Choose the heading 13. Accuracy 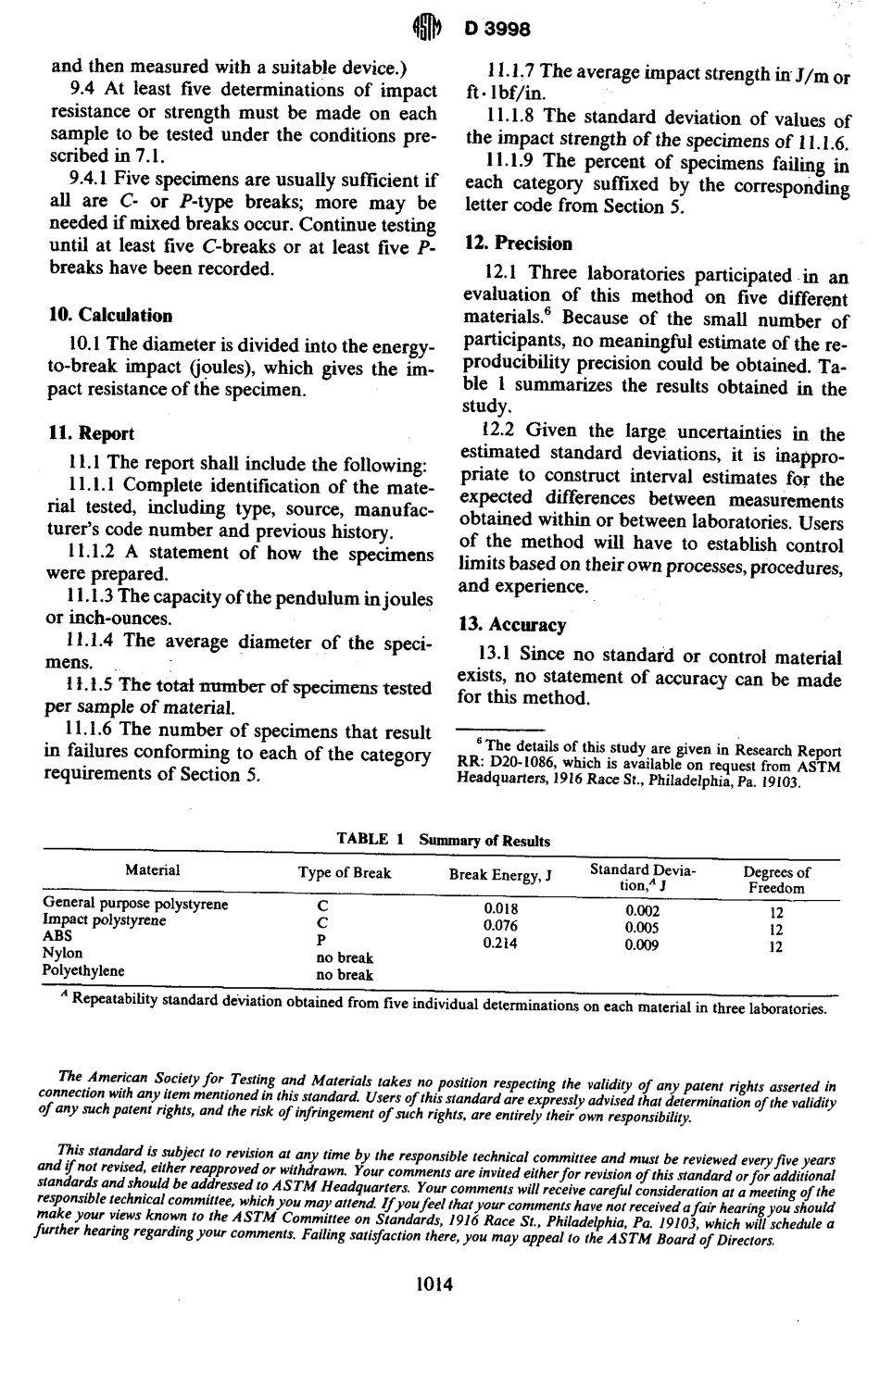(x=514, y=625)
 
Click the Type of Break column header (x=345, y=872)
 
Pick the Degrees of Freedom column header (x=776, y=879)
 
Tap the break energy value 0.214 (x=501, y=943)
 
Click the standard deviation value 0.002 (x=641, y=910)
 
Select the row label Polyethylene (x=83, y=970)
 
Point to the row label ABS (x=57, y=936)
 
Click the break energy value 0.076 (x=501, y=926)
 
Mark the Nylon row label (x=63, y=953)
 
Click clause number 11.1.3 (x=94, y=597)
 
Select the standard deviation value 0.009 (x=641, y=945)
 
